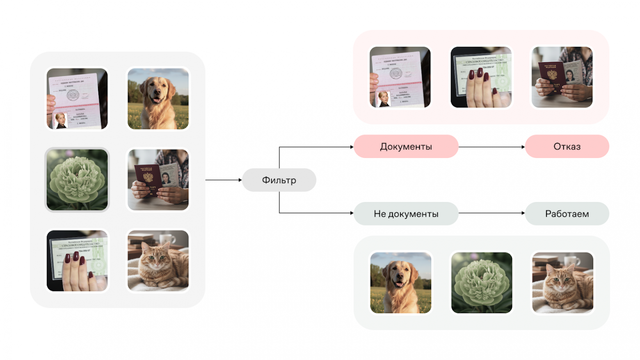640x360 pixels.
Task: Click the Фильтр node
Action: click(279, 180)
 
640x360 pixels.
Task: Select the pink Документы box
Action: click(406, 147)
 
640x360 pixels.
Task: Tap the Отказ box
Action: click(567, 147)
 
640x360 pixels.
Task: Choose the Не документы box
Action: click(406, 213)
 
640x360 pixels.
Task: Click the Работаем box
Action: click(567, 213)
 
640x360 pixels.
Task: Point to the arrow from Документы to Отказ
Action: click(491, 147)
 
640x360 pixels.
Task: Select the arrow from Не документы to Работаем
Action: click(491, 213)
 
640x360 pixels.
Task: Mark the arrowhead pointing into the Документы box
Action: click(352, 147)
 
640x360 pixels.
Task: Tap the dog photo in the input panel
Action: click(158, 99)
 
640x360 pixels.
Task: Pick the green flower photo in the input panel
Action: click(77, 180)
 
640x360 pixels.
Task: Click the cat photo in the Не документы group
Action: click(562, 283)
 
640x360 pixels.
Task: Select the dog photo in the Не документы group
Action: click(401, 283)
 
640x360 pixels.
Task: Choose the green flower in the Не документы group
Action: click(482, 283)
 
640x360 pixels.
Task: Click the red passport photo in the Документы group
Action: click(562, 77)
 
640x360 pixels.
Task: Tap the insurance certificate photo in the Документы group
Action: click(481, 77)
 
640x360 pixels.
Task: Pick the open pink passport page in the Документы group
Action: click(400, 77)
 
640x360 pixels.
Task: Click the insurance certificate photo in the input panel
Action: click(77, 261)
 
